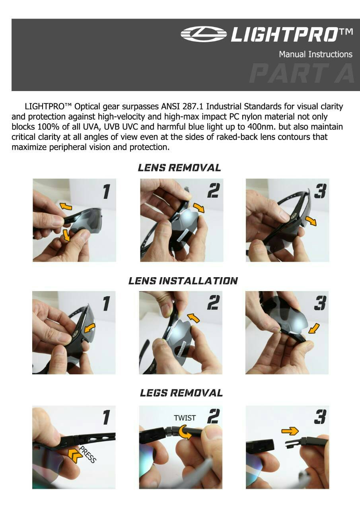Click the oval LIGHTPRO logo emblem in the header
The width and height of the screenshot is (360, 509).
pos(203,34)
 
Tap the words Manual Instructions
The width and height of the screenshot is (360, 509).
pos(316,54)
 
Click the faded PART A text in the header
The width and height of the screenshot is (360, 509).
pos(302,73)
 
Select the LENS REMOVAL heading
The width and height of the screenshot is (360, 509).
pos(179,168)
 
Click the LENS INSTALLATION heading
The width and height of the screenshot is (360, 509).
pos(183,281)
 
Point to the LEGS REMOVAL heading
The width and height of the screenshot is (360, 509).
pos(181,393)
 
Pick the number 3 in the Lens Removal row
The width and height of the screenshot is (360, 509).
pos(320,191)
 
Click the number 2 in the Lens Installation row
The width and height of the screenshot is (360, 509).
pos(213,303)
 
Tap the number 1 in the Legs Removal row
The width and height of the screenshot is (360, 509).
pos(106,417)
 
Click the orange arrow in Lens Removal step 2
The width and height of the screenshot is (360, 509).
pos(198,208)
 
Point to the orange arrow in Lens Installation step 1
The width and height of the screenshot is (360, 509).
pos(90,329)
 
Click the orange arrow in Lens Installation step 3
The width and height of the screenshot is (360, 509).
pos(314,328)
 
